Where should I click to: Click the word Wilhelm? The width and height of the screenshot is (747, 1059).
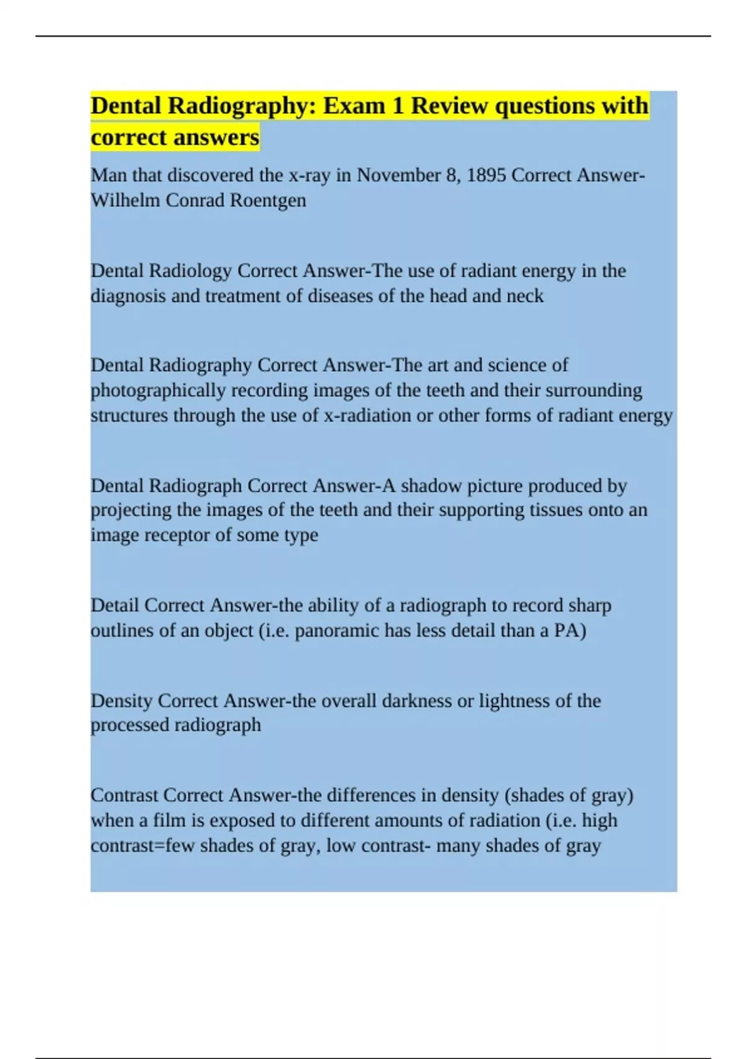tap(125, 201)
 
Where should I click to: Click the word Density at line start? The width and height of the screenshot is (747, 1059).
tap(121, 701)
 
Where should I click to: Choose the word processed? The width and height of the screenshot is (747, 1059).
tap(129, 725)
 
